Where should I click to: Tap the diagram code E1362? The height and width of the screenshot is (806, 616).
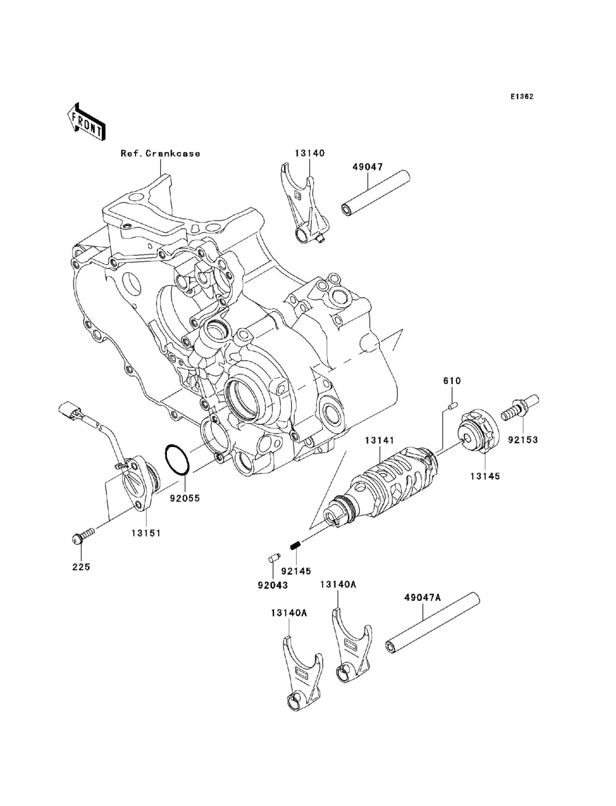(x=522, y=97)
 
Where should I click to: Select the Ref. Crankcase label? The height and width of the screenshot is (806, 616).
(x=161, y=153)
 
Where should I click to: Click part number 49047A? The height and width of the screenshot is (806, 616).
(x=423, y=598)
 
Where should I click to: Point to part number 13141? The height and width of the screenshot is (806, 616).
(x=379, y=440)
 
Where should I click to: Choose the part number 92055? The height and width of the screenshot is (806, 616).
(x=185, y=498)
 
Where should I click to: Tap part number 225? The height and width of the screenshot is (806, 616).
(x=81, y=567)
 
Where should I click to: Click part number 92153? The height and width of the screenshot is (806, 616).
(x=523, y=440)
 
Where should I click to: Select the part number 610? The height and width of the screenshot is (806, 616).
(x=452, y=381)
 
